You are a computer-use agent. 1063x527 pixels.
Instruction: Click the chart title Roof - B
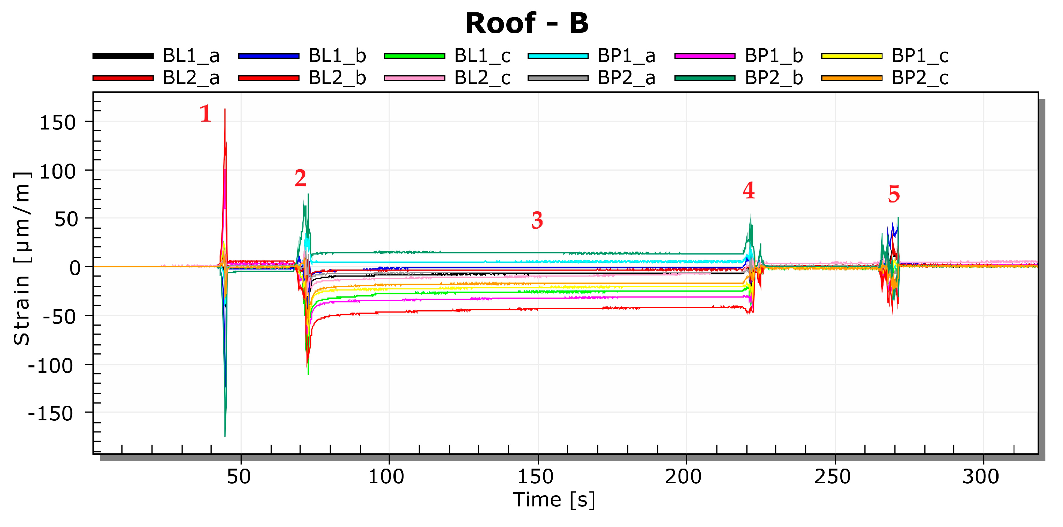[527, 24]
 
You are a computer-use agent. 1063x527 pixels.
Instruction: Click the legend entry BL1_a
[191, 56]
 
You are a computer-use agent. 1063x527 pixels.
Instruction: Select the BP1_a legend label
[626, 56]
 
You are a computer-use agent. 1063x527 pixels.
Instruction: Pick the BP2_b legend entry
[773, 78]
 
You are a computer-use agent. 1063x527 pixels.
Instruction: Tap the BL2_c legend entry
[482, 78]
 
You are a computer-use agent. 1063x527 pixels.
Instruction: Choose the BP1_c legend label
[920, 56]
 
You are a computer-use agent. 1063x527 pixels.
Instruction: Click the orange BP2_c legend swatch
[851, 78]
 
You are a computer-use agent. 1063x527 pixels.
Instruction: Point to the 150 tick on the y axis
[57, 123]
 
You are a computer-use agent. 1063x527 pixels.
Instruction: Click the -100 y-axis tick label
[50, 366]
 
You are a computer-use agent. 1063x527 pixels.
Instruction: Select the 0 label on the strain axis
[75, 268]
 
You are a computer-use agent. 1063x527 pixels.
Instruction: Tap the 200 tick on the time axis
[683, 477]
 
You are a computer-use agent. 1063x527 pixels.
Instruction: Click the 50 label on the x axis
[239, 477]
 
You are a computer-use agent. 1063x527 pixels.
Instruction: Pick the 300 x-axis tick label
[981, 477]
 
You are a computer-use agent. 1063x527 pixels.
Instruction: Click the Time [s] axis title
[554, 500]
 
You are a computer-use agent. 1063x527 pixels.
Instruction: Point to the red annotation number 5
[894, 194]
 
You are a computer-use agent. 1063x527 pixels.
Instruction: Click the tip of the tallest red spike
[225, 109]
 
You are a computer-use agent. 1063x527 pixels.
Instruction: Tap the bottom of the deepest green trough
[225, 435]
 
